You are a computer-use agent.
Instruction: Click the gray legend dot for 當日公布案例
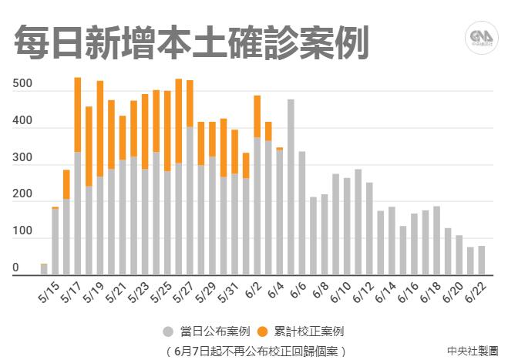[x=167, y=331]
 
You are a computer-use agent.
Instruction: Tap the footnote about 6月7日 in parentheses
[x=255, y=350]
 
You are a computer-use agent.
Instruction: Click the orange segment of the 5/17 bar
[x=78, y=114]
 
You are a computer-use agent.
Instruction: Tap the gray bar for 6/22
[x=481, y=260]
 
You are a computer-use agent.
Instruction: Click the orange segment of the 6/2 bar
[x=257, y=116]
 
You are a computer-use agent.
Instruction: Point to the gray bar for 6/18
[x=436, y=240]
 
